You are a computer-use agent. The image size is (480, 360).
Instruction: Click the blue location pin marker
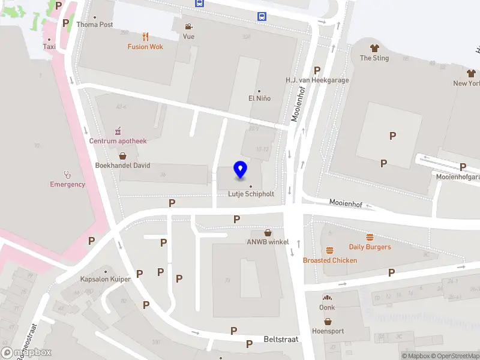click(x=241, y=170)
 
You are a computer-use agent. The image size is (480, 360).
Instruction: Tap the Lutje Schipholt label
click(x=251, y=194)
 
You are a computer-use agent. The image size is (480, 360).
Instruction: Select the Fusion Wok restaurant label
click(x=145, y=46)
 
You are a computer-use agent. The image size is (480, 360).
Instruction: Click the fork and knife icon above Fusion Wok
click(x=145, y=36)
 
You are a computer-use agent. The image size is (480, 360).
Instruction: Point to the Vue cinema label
click(x=188, y=36)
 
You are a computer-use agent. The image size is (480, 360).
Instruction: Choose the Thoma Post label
click(x=95, y=25)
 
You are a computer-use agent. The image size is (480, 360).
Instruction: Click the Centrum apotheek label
click(x=118, y=140)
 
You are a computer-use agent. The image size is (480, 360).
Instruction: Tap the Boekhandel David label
click(x=122, y=165)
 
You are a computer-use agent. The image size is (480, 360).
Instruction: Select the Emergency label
click(x=67, y=184)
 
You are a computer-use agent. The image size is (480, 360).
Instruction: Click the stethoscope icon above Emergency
click(x=67, y=175)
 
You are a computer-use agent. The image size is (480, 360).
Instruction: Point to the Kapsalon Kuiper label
click(x=105, y=279)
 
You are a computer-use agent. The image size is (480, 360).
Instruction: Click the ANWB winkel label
click(x=268, y=242)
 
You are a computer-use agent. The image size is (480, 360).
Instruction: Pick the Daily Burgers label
click(x=370, y=247)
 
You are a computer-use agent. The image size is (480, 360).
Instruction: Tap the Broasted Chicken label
click(x=329, y=260)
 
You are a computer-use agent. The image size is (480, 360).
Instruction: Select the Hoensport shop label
click(x=328, y=331)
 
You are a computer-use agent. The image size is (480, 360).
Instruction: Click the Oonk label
click(x=327, y=307)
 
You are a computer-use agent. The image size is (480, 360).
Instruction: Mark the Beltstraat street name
click(x=281, y=339)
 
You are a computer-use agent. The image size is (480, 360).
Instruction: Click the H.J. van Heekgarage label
click(x=317, y=80)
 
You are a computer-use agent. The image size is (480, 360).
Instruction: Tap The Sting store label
click(x=374, y=58)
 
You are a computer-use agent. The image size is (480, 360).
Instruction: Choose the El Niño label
click(x=259, y=98)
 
